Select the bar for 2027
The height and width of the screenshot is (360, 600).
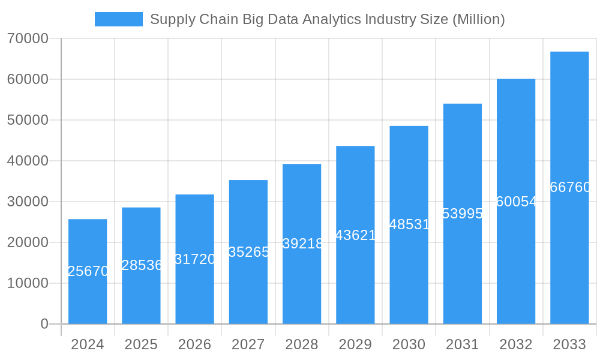pos(248,252)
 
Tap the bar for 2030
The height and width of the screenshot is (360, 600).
pos(409,225)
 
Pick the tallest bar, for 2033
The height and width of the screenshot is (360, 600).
pos(569,188)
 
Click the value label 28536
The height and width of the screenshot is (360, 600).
pos(142,265)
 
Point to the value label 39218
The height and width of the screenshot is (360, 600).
pos(302,244)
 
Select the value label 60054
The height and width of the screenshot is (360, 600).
pos(516,202)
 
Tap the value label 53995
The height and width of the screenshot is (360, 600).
pos(462,214)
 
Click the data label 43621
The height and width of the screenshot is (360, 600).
pos(355,235)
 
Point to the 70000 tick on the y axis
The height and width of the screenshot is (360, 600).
pos(28,38)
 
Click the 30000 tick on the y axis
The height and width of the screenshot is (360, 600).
pos(28,202)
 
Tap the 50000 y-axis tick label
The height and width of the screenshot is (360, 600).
pos(28,120)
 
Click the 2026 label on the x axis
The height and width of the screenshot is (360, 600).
pos(194,344)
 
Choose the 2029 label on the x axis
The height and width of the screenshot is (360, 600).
pos(355,344)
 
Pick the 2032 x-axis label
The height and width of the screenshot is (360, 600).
pos(516,344)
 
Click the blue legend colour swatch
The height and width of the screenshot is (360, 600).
pos(119,19)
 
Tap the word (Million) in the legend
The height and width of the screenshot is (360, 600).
pos(478,19)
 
